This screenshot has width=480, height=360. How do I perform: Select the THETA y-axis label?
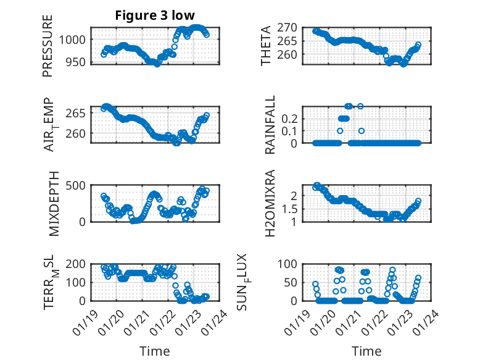click(266, 46)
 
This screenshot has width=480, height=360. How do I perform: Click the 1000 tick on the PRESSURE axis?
click(77, 40)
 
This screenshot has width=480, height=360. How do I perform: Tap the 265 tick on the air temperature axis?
click(79, 113)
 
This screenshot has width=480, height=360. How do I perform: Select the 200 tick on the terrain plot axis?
click(79, 264)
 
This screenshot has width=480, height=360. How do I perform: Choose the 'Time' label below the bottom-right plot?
click(366, 351)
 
